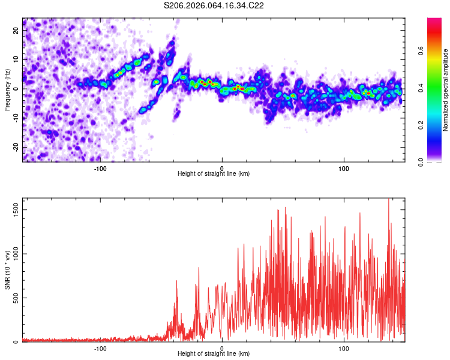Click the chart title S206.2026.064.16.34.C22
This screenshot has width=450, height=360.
coord(214,5)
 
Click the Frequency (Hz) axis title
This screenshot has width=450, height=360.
coord(7,89)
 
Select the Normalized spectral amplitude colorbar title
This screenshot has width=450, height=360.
coord(446,90)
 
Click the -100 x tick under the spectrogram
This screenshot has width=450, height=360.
coord(100,168)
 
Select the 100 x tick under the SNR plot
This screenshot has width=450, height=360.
coord(344,349)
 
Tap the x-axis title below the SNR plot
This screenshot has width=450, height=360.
coord(214,355)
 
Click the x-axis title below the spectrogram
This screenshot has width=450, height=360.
coord(214,174)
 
